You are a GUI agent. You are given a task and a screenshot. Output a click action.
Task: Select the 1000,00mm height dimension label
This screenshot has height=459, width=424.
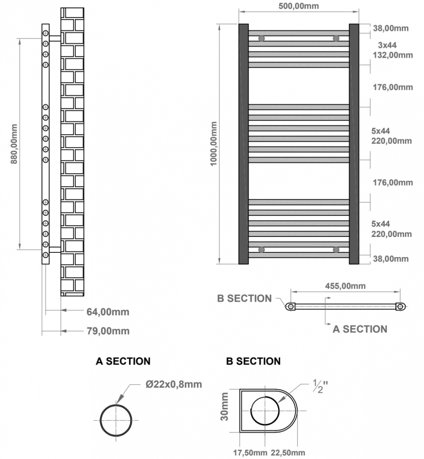click(x=214, y=144)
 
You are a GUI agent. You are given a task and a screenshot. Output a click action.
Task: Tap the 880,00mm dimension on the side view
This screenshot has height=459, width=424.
click(x=14, y=143)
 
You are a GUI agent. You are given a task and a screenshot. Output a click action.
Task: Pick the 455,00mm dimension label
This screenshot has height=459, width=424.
click(x=345, y=286)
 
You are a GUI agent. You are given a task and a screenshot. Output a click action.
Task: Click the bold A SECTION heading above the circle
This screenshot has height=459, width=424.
click(x=123, y=361)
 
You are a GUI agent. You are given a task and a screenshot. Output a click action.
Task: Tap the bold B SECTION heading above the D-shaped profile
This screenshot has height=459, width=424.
click(x=253, y=361)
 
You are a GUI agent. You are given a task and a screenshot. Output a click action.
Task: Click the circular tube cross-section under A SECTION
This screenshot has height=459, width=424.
click(x=116, y=420)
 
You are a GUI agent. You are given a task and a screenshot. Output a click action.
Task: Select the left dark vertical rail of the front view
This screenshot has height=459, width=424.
click(x=243, y=144)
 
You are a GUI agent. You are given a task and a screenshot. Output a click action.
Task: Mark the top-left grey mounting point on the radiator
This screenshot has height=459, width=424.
click(x=261, y=38)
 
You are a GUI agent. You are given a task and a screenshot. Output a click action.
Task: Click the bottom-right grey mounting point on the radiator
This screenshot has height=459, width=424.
click(x=335, y=249)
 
